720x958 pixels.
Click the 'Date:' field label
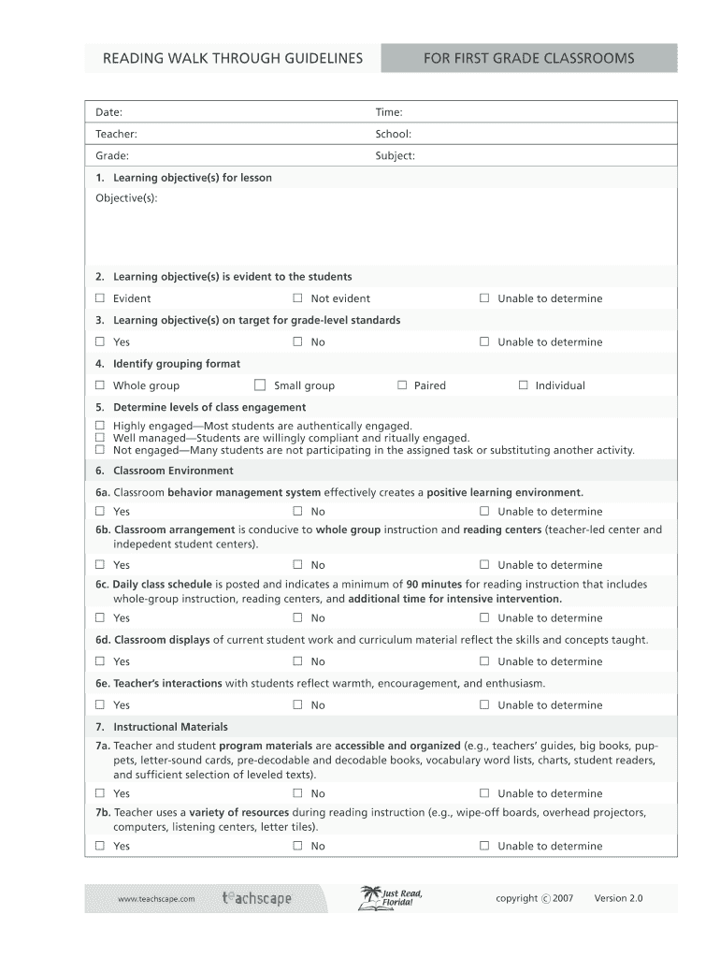[x=109, y=112]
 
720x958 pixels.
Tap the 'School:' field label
[x=393, y=134]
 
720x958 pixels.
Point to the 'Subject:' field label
[x=395, y=155]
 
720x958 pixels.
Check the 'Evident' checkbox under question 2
[x=100, y=298]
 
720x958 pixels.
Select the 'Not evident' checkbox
[x=297, y=298]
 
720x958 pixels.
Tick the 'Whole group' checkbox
[x=100, y=385]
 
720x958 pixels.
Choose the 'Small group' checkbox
[x=260, y=385]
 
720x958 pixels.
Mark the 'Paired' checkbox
[x=402, y=385]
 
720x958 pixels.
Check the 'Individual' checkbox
[x=523, y=385]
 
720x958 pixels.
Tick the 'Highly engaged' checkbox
[x=100, y=426]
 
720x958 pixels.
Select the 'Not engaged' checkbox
[x=100, y=450]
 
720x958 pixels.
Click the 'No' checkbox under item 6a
[x=297, y=512]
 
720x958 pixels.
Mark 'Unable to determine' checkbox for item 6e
[x=484, y=705]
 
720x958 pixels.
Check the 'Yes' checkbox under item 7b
[x=100, y=846]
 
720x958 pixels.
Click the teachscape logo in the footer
[x=257, y=898]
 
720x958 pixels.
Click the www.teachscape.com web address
[x=156, y=899]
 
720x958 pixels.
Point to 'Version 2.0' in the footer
[x=619, y=898]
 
